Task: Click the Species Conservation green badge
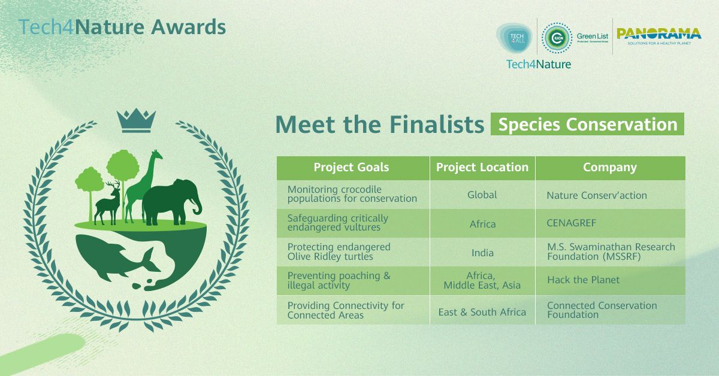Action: click(587, 125)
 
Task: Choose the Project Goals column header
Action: click(351, 168)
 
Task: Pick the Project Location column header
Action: click(482, 168)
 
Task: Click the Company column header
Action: click(610, 168)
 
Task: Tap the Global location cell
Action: click(482, 195)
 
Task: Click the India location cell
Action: click(482, 252)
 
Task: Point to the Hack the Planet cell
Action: click(583, 280)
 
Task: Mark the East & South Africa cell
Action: click(482, 312)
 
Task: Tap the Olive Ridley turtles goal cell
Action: click(339, 251)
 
